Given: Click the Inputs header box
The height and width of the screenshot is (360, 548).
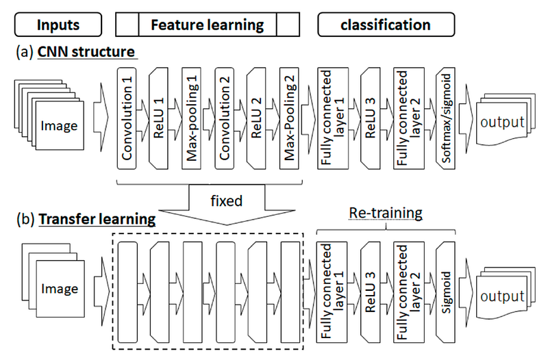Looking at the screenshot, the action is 58,25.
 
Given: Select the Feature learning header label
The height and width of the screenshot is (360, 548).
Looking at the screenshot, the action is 208,25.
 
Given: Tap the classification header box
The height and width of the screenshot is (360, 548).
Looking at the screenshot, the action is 386,25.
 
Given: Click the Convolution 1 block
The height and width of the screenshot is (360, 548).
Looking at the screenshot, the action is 127,118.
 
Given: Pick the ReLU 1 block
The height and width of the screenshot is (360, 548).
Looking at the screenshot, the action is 158,118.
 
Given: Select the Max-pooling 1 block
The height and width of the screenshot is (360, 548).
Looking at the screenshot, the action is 192,118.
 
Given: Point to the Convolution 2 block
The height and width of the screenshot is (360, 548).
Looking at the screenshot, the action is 225,118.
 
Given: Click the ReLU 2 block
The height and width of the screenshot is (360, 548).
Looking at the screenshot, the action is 256,118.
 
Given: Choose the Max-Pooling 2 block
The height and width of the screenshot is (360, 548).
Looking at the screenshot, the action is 289,118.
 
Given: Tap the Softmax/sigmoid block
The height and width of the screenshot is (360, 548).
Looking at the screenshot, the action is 446,118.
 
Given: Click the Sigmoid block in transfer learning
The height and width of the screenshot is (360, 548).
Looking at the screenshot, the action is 446,292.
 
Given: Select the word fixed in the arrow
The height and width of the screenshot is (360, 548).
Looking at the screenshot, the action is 227,201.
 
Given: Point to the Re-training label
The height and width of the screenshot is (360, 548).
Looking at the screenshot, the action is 386,213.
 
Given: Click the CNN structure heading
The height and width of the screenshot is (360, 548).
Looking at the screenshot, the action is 86,52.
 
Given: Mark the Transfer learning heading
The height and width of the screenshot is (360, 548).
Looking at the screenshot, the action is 97,219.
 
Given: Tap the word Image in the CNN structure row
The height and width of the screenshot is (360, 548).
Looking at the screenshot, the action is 59,126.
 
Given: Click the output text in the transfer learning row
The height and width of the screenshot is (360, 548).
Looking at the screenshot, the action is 502,296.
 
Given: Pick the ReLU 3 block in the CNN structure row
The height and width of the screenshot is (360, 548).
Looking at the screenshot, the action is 370,118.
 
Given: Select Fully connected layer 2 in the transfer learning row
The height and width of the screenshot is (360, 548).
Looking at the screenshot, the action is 408,292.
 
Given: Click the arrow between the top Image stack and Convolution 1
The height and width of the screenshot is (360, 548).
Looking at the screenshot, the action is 101,117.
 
